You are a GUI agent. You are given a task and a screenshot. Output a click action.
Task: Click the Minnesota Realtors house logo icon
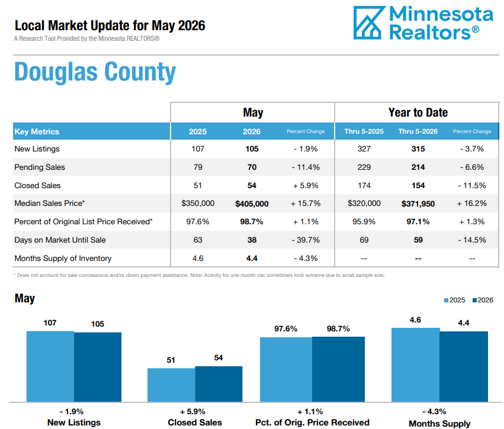369,23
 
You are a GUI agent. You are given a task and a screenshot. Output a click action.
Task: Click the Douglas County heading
95,72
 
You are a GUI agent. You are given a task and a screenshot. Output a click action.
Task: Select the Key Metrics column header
37,131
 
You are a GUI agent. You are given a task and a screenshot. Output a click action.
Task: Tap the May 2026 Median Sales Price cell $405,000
252,204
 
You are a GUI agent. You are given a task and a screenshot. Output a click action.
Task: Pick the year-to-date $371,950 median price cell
418,204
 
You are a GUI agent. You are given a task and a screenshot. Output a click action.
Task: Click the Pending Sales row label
40,167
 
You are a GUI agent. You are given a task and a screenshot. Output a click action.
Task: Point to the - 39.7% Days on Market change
306,240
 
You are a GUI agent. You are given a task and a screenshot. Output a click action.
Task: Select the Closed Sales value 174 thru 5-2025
364,185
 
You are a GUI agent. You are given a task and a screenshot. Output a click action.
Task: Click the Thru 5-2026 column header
418,131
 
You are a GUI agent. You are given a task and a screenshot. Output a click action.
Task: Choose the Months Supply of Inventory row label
63,259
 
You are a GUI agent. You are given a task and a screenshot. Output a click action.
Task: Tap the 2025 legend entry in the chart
454,300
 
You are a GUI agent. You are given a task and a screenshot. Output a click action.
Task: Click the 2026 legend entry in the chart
483,300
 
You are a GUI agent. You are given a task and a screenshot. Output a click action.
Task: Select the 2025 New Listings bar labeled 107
50,366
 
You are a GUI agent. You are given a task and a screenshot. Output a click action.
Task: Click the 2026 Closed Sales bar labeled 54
219,384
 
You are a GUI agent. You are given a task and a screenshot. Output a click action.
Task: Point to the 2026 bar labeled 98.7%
338,369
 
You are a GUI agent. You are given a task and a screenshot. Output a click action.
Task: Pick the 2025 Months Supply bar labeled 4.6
416,365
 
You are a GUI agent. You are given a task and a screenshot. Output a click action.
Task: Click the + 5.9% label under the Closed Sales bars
192,412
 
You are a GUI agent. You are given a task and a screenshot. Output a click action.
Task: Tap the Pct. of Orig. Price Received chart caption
312,422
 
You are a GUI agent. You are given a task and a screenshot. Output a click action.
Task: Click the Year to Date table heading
418,112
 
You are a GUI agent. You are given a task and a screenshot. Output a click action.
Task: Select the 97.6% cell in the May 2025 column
198,221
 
